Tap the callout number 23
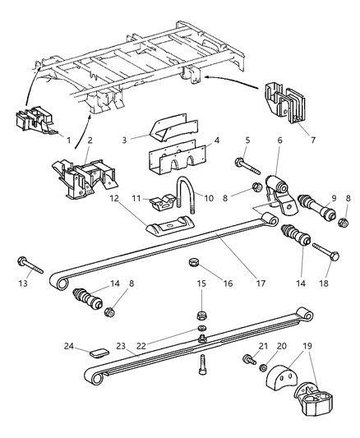(121, 348)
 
